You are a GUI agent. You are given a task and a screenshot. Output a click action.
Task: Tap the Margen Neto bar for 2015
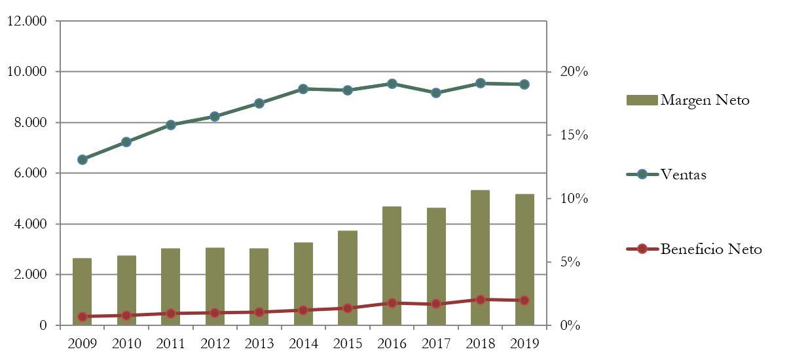(347, 278)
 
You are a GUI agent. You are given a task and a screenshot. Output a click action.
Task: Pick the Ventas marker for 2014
(303, 89)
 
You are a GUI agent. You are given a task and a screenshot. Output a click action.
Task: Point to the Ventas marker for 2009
(82, 160)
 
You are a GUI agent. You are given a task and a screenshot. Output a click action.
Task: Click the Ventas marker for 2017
(436, 93)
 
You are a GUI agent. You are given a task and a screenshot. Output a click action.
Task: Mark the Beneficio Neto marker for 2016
(392, 303)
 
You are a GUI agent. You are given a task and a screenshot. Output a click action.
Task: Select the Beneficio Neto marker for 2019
(524, 300)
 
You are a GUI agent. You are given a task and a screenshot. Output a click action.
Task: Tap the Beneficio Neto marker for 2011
(171, 314)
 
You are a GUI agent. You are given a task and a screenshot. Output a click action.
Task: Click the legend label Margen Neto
(705, 100)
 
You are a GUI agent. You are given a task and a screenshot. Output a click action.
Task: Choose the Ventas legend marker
(642, 174)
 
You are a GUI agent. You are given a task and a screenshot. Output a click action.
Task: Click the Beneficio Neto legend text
(711, 249)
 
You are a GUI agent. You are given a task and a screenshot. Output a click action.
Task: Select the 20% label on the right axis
(574, 71)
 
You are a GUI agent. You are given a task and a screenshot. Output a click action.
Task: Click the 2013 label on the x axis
(259, 343)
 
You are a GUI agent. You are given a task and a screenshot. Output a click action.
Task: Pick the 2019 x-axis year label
(524, 343)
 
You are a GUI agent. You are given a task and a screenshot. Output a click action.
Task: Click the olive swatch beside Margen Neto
(642, 100)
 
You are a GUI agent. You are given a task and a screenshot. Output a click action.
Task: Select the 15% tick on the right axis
(574, 135)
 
